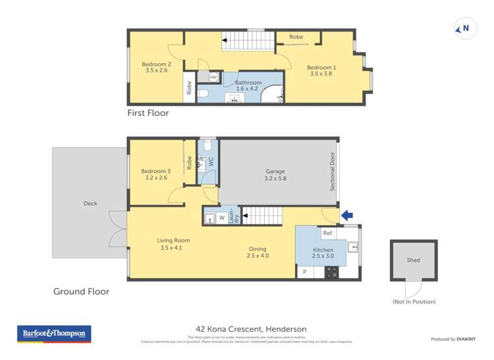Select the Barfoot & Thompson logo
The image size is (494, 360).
(54, 334)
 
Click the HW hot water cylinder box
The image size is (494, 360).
(213, 78)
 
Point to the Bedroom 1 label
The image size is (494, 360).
(321, 70)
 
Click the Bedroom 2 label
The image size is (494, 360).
(156, 68)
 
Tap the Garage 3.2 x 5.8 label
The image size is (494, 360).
(275, 174)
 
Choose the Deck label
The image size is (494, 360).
(90, 203)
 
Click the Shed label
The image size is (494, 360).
(413, 260)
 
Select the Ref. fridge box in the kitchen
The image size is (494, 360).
(328, 233)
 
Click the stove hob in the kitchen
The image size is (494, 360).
(332, 271)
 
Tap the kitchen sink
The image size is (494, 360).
(352, 247)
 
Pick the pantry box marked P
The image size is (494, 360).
(305, 272)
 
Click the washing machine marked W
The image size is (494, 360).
(221, 218)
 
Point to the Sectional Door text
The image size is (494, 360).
(333, 172)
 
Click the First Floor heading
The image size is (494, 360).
(148, 113)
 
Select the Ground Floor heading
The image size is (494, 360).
(81, 291)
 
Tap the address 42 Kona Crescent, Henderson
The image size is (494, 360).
(251, 329)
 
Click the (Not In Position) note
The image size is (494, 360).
(414, 301)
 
